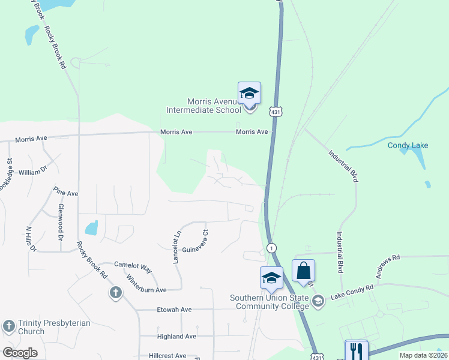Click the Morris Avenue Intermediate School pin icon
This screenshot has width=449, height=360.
[249, 95]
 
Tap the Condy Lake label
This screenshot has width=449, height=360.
[408, 145]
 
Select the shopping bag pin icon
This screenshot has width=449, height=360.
[303, 270]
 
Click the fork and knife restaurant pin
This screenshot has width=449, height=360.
[356, 350]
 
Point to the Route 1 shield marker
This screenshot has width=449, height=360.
[272, 248]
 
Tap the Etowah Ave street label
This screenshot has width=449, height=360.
[174, 310]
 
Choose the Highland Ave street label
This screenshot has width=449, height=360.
[176, 337]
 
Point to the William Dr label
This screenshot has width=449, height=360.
[32, 172]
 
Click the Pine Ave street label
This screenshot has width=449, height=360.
[66, 194]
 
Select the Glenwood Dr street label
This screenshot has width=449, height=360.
[61, 219]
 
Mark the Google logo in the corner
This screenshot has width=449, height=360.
[20, 353]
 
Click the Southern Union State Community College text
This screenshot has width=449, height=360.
[268, 302]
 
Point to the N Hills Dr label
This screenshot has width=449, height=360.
[31, 239]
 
